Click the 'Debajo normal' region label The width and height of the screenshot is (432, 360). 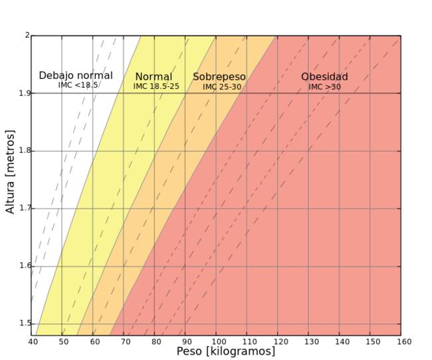tap(76, 76)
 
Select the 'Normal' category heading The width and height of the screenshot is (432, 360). tap(154, 77)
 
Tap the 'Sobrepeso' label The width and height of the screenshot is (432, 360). tap(219, 77)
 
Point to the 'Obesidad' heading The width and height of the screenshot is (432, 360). tap(324, 77)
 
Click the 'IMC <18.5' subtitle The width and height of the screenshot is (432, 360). tap(78, 86)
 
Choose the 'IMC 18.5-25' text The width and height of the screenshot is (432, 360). tap(156, 86)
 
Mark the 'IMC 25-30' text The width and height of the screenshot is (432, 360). tap(222, 87)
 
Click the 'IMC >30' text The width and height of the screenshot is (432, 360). tap(325, 87)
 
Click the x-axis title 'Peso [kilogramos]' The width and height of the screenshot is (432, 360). tap(225, 351)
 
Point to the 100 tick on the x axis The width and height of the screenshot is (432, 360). tap(217, 342)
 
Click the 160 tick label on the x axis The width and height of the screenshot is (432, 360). tap(401, 342)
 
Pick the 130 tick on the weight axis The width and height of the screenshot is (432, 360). tap(309, 342)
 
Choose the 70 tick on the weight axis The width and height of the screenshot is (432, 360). tap(124, 342)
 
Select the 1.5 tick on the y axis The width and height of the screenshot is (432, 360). tap(25, 323)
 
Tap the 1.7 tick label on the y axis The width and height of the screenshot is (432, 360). tap(25, 209)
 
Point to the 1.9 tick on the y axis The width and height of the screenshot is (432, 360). tap(25, 93)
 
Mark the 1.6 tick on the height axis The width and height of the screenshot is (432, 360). tap(25, 266)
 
